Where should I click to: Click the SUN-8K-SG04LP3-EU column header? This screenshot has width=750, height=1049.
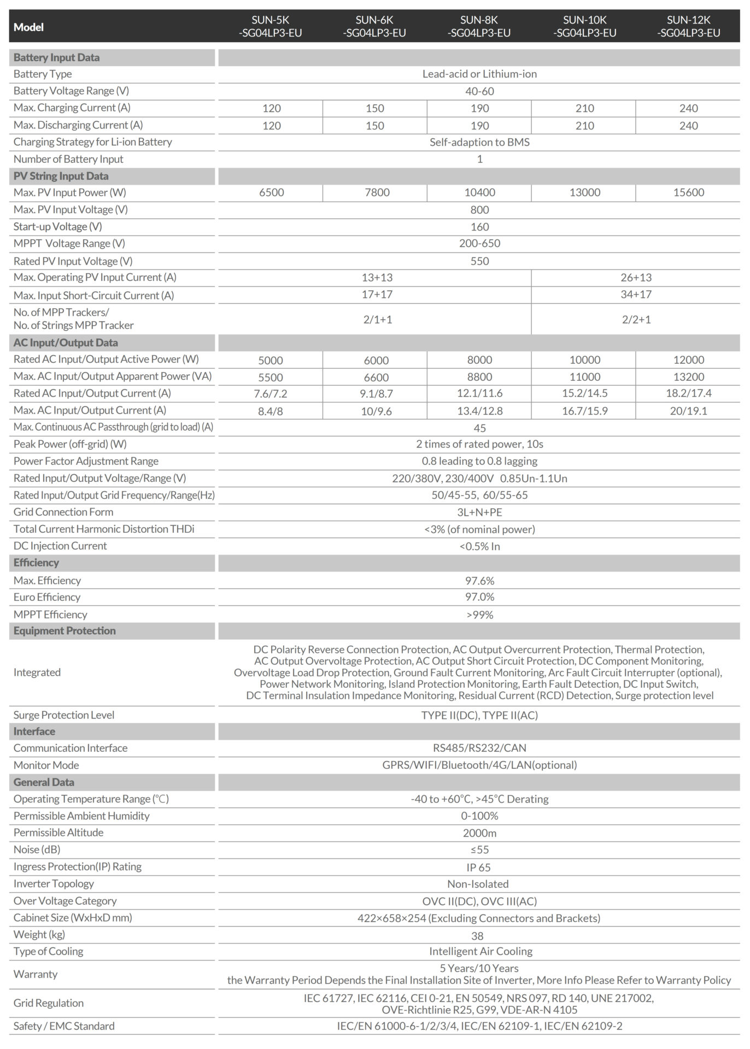click(x=479, y=26)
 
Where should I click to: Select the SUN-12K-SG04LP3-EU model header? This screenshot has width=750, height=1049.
click(x=688, y=26)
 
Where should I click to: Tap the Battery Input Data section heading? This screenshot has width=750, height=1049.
click(x=56, y=57)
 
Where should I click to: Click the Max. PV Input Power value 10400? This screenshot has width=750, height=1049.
click(x=479, y=192)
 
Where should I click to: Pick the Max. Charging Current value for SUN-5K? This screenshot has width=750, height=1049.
click(x=271, y=108)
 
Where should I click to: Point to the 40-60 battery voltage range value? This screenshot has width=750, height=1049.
click(x=479, y=91)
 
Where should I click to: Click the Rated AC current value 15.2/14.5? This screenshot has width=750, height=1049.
click(x=584, y=393)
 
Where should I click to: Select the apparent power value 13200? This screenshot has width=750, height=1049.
click(x=688, y=377)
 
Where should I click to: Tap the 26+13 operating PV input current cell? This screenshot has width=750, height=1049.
click(x=636, y=278)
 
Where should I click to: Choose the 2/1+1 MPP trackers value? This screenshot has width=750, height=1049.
click(x=378, y=319)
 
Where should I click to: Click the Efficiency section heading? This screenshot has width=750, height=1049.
click(x=36, y=563)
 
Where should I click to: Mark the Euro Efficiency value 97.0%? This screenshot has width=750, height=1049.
click(x=479, y=597)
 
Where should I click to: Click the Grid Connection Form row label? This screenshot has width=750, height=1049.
click(x=63, y=512)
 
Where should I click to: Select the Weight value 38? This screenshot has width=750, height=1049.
click(x=477, y=936)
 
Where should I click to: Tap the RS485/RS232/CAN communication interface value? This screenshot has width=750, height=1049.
click(x=479, y=748)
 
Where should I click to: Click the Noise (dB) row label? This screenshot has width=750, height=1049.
click(x=37, y=850)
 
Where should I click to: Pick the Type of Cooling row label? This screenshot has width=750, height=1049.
click(x=48, y=951)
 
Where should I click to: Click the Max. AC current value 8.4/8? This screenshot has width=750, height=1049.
click(x=271, y=411)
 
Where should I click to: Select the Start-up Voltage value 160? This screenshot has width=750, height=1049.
click(x=479, y=227)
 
